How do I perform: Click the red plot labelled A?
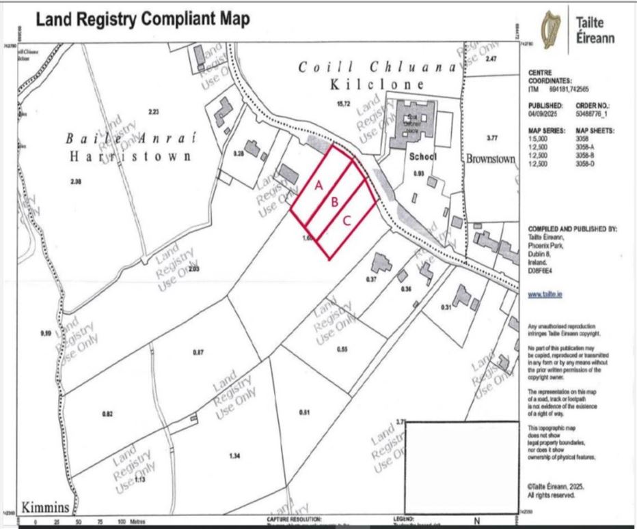click(x=318, y=185)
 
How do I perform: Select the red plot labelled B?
click(x=334, y=203)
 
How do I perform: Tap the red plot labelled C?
click(x=347, y=220)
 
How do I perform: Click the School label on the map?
click(x=418, y=157)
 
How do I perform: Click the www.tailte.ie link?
click(x=545, y=295)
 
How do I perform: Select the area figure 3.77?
click(x=491, y=138)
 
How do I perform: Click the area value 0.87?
click(x=198, y=352)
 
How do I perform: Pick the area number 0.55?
click(x=342, y=349)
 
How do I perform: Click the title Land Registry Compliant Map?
click(x=142, y=20)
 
